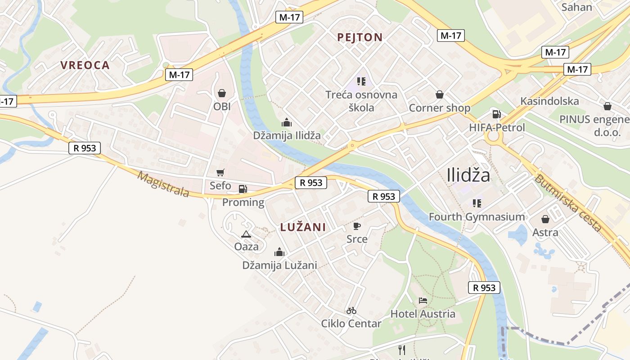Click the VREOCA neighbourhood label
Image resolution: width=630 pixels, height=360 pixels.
tap(85, 65)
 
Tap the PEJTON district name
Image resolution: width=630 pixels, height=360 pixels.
tap(360, 37)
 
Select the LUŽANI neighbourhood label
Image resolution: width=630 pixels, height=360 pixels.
tap(303, 227)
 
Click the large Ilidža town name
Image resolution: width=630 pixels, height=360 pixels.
tap(468, 175)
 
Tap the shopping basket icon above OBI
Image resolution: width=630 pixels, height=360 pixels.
tap(222, 93)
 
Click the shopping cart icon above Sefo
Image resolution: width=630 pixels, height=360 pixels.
tap(220, 172)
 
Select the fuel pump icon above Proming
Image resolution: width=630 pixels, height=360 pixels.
tap(243, 189)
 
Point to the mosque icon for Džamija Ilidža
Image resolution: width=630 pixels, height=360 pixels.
tap(287, 122)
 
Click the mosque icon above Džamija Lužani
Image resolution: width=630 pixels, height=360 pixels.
tap(279, 252)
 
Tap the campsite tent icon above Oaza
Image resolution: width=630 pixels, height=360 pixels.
tap(246, 234)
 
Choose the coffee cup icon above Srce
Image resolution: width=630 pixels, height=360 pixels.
tap(357, 226)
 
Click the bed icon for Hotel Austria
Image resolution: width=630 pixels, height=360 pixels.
tap(423, 300)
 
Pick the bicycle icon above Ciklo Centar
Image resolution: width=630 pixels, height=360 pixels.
tap(351, 310)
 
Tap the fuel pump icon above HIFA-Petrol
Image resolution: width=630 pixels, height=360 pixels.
tap(496, 114)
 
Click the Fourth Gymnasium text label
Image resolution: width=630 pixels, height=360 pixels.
tap(477, 217)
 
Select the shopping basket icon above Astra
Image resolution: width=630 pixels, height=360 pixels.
tap(545, 219)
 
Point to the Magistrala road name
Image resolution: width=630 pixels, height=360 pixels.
tap(163, 184)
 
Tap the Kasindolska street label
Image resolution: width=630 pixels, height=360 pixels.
tap(549, 101)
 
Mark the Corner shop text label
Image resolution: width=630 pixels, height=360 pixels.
tap(439, 108)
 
